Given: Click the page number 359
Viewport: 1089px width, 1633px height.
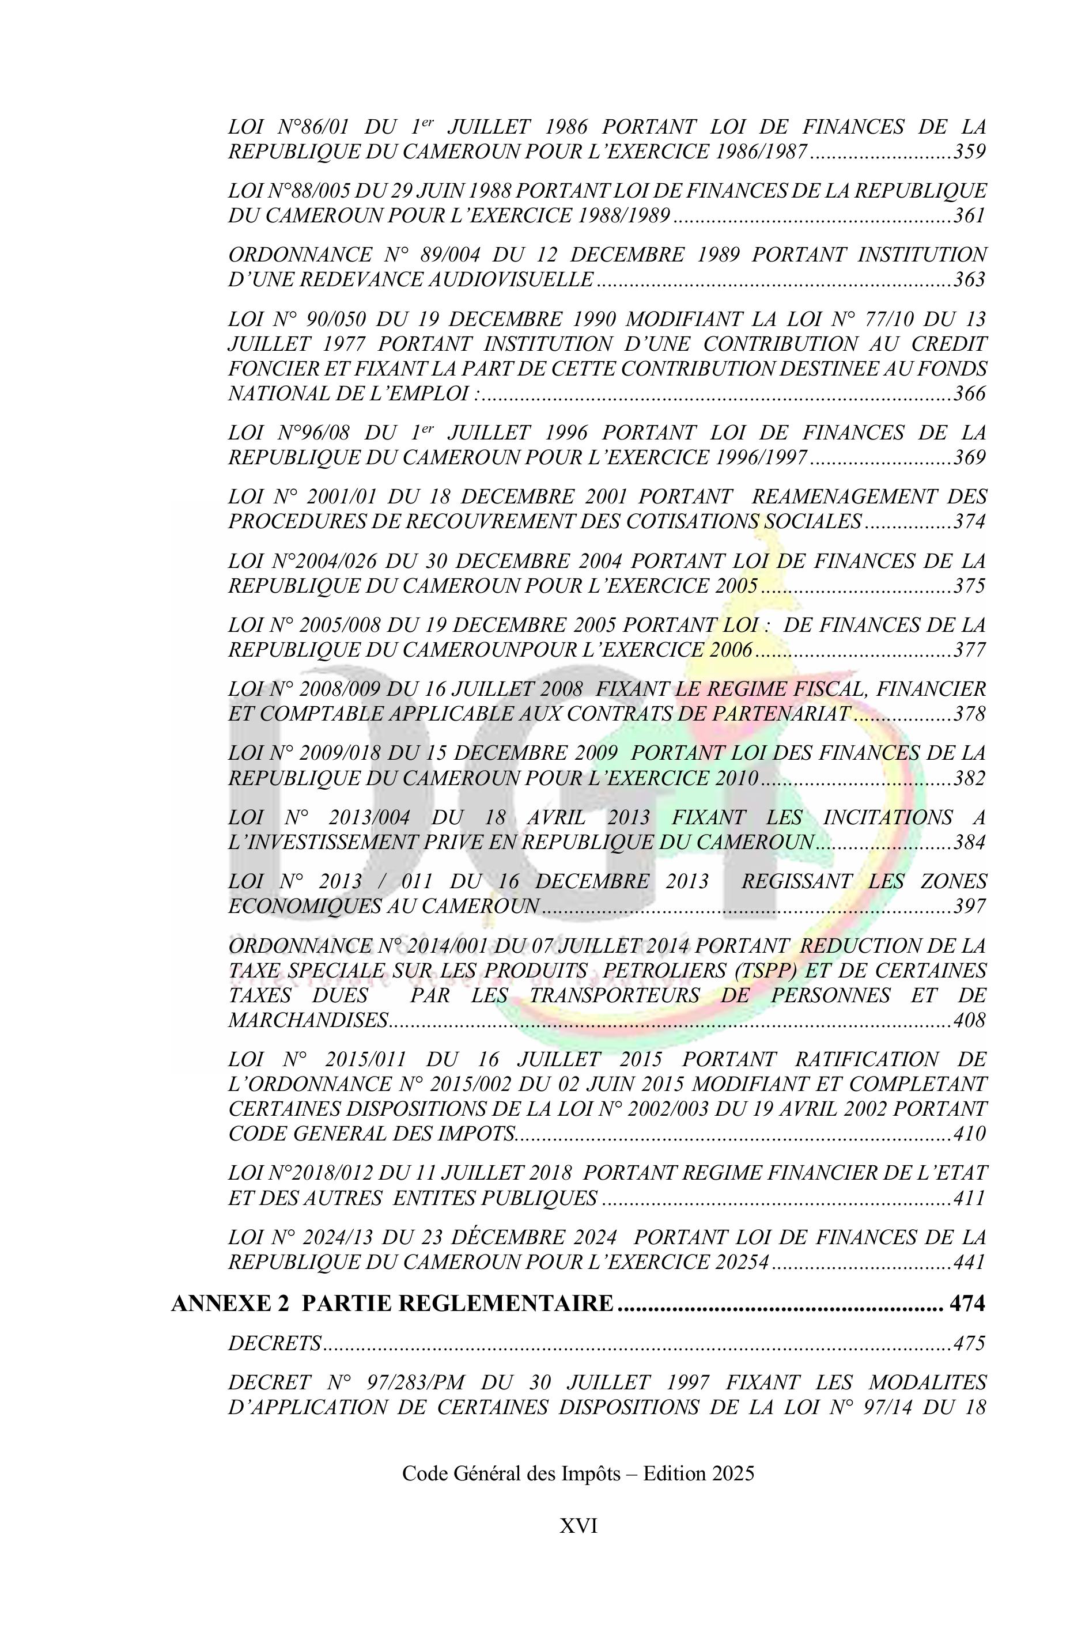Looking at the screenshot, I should pyautogui.click(x=970, y=151).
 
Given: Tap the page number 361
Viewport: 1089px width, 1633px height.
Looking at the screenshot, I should pyautogui.click(x=970, y=215).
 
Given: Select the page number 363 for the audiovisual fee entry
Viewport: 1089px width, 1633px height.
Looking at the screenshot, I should pyautogui.click(x=970, y=279).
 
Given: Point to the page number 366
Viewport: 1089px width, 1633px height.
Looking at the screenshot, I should pyautogui.click(x=970, y=393).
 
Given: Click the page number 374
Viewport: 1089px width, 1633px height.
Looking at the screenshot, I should pyautogui.click(x=970, y=521).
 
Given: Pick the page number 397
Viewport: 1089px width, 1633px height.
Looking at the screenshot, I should pyautogui.click(x=970, y=906).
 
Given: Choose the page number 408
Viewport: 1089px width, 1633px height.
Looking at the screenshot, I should pyautogui.click(x=970, y=1020).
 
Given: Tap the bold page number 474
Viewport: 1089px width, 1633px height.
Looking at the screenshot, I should pyautogui.click(x=967, y=1304).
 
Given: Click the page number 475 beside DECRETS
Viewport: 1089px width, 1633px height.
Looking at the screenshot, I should pyautogui.click(x=970, y=1343).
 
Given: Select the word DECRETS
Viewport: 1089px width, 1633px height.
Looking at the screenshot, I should pyautogui.click(x=274, y=1343).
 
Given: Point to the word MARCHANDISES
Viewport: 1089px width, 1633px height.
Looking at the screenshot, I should pyautogui.click(x=308, y=1020).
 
